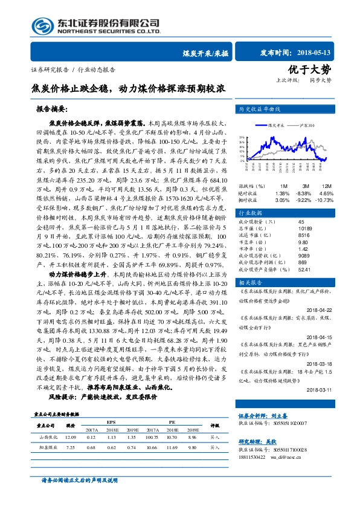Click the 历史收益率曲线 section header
[261, 109]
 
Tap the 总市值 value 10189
[304, 229]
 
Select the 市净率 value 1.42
[302, 248]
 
